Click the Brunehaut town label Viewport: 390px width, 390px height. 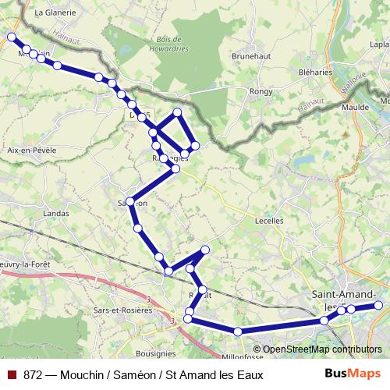point(250,56)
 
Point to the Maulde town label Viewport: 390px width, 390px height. point(355,107)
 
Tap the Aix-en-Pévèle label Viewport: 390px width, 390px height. point(31,149)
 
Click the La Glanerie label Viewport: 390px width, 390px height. point(55,12)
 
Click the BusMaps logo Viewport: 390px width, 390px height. point(353,374)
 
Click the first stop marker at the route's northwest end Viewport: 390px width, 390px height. point(12,37)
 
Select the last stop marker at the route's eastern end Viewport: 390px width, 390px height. point(378,305)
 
